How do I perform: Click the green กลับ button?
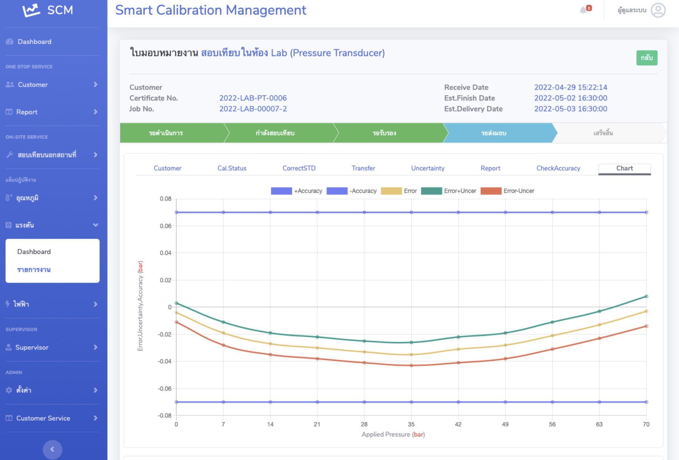point(647,58)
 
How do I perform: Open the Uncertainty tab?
point(428,168)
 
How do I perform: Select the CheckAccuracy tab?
point(558,168)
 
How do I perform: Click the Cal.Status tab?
point(232,168)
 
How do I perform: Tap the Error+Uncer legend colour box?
point(431,191)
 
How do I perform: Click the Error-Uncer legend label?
point(519,191)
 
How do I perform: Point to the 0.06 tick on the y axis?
point(165,226)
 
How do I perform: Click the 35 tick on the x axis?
point(411,424)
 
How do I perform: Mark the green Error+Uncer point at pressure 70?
point(646,296)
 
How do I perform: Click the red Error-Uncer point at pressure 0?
point(176,322)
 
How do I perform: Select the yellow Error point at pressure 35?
point(411,354)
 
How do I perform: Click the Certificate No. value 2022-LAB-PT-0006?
point(253,98)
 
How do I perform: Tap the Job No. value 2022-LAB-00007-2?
point(253,109)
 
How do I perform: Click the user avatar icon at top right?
point(658,10)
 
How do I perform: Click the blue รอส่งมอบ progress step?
point(494,133)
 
